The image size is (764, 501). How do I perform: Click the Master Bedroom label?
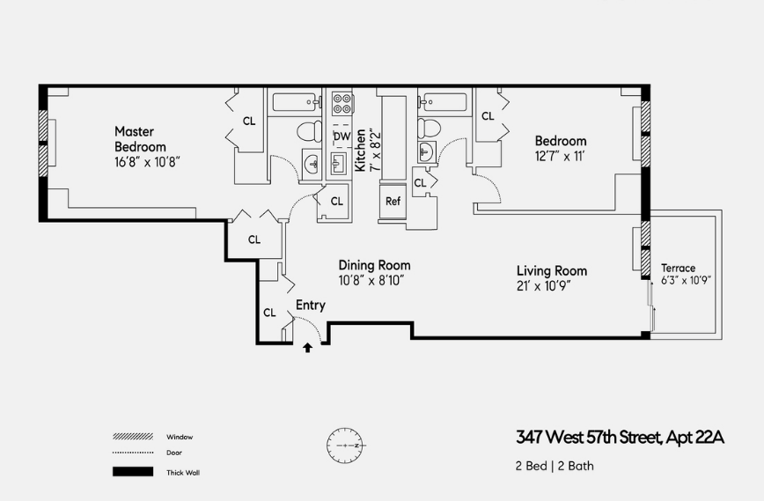140,139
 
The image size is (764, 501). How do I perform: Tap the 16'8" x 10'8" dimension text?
147,162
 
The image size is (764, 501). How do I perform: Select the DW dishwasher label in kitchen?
342,136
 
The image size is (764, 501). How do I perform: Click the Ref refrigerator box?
393,201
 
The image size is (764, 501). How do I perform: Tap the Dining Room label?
374,265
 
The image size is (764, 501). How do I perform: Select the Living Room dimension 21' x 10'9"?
551,286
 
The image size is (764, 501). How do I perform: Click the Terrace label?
678,269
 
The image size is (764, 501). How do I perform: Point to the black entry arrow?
307,348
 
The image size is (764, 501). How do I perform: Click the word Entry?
310,306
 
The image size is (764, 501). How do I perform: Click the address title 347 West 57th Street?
619,438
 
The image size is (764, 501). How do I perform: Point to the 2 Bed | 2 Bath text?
555,466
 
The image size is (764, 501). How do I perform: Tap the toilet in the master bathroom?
309,133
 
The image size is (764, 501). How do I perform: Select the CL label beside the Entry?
269,313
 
